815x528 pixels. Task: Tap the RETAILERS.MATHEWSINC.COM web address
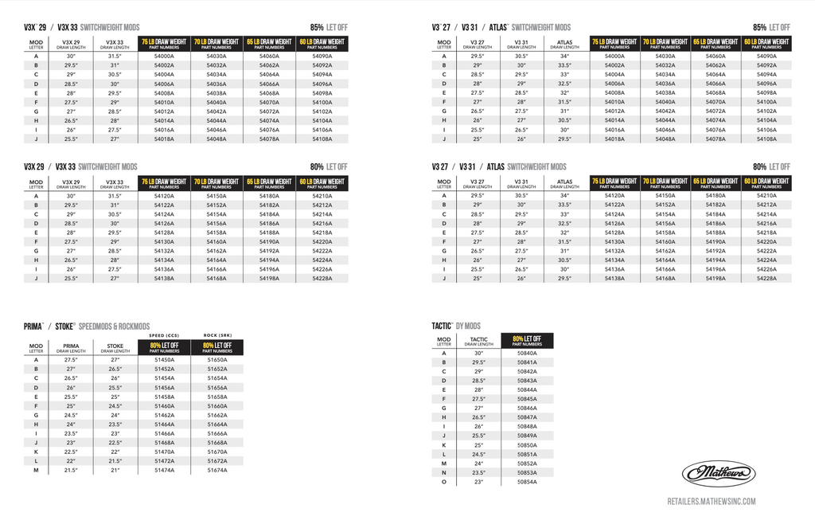(x=711, y=501)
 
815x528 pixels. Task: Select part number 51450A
(x=165, y=360)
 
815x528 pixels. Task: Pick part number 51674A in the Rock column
(x=217, y=471)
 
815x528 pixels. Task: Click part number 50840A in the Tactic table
(x=527, y=353)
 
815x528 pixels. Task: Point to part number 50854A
(x=527, y=482)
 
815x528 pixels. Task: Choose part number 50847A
(x=527, y=417)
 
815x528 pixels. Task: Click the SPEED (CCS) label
(x=165, y=335)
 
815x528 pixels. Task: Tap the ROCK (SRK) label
(x=217, y=335)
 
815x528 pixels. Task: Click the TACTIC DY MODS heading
(x=456, y=327)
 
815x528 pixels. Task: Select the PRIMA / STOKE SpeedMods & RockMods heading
(x=87, y=327)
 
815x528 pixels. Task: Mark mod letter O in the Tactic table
(x=444, y=482)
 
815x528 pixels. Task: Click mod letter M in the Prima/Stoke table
(x=36, y=471)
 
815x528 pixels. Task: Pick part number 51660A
(x=217, y=406)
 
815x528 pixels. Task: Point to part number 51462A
(x=165, y=415)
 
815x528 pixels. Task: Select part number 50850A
(x=527, y=445)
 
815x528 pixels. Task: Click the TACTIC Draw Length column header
(x=478, y=342)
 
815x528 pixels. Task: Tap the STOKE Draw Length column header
(x=115, y=348)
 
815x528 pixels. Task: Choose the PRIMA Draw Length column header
(x=71, y=348)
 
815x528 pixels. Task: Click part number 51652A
(x=217, y=370)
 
